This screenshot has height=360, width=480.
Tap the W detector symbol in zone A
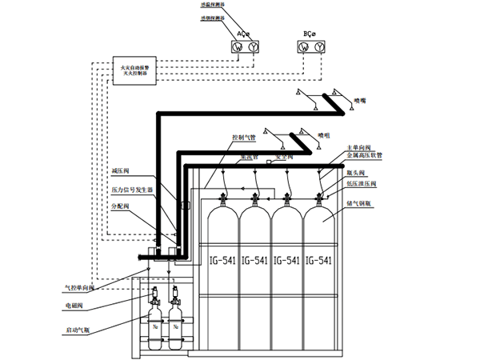point(238,48)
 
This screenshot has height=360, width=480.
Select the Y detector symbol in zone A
point(254,48)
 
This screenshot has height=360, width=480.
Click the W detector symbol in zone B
point(304,48)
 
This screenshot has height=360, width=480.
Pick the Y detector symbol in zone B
point(320,48)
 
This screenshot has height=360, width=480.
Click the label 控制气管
point(243,137)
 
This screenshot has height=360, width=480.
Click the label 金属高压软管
point(364,157)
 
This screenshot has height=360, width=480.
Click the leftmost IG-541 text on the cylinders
point(222,261)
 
